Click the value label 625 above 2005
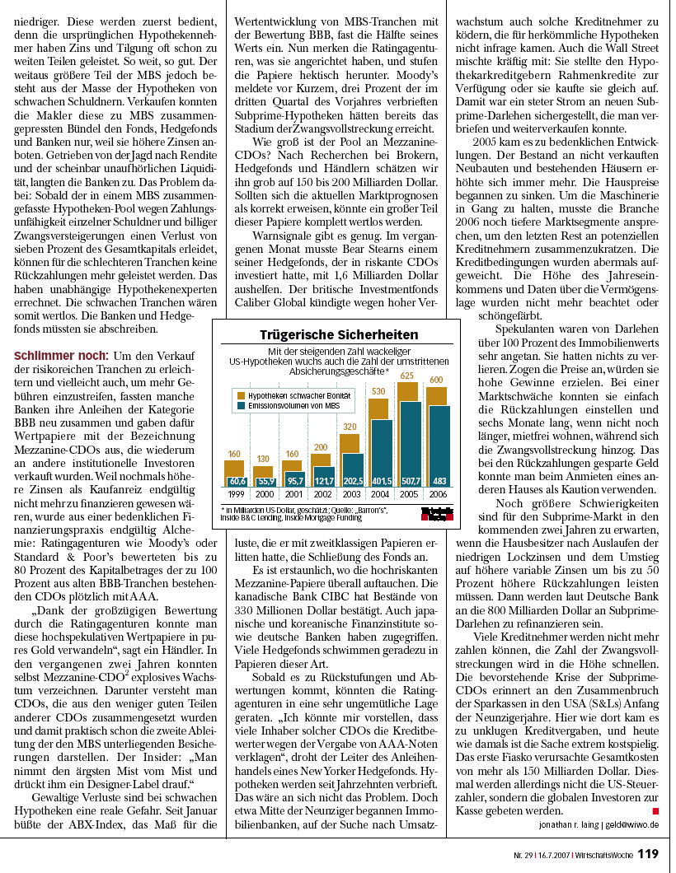pyautogui.click(x=408, y=376)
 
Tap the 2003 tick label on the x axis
pyautogui.click(x=352, y=494)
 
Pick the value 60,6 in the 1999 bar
pyautogui.click(x=237, y=480)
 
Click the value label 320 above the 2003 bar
pyautogui.click(x=350, y=427)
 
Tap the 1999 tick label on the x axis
pyautogui.click(x=237, y=494)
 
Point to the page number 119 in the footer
pyautogui.click(x=648, y=854)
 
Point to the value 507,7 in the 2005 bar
pyautogui.click(x=410, y=480)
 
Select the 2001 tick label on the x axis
pyautogui.click(x=294, y=494)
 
